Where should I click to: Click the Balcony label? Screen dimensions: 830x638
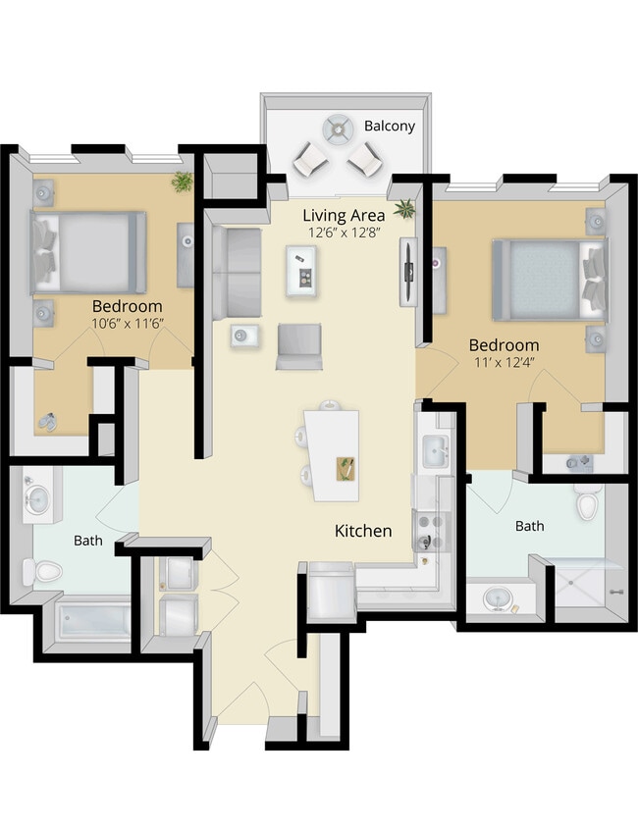tap(390, 127)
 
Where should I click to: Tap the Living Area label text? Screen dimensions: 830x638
tap(344, 215)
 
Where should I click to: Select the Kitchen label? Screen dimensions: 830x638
tap(363, 531)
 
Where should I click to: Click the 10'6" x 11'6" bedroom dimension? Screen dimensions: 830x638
tap(127, 323)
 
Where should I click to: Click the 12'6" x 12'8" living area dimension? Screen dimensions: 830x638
tap(344, 233)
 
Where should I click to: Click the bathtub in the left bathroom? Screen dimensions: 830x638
tap(93, 621)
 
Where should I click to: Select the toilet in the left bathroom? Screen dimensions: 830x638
tap(43, 570)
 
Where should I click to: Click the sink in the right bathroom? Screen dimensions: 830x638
tap(496, 597)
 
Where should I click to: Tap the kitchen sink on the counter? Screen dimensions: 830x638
tap(435, 452)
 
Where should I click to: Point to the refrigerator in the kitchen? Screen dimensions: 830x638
tap(331, 592)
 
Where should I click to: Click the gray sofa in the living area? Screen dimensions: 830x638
tap(236, 273)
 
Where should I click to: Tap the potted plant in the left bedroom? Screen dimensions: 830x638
tap(182, 182)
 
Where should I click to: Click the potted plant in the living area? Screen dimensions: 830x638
tap(403, 208)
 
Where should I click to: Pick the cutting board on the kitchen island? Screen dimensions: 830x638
tap(346, 467)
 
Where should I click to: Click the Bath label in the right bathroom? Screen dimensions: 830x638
tap(529, 527)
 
